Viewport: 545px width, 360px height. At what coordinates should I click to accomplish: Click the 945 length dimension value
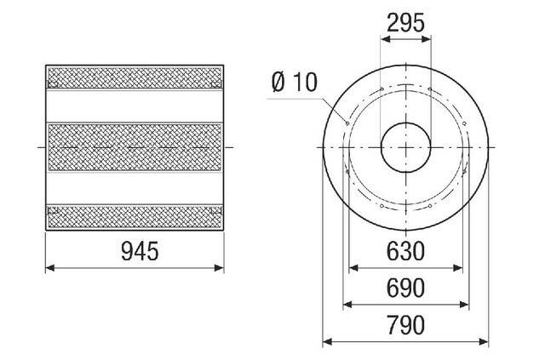[x=140, y=251]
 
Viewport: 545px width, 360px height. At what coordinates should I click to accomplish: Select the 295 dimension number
[x=405, y=23]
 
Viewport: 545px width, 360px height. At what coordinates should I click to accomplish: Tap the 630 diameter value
[x=405, y=251]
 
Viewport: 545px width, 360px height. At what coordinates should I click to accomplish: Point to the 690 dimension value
[x=405, y=288]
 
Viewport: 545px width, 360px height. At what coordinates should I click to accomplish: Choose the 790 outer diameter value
[x=405, y=325]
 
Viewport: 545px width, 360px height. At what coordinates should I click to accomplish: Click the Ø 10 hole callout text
[x=294, y=83]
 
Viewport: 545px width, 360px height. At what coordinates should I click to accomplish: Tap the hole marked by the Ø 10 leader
[x=347, y=123]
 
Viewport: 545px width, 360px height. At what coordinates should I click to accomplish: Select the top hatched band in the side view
[x=135, y=77]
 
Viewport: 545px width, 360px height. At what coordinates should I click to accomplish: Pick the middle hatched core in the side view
[x=135, y=147]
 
